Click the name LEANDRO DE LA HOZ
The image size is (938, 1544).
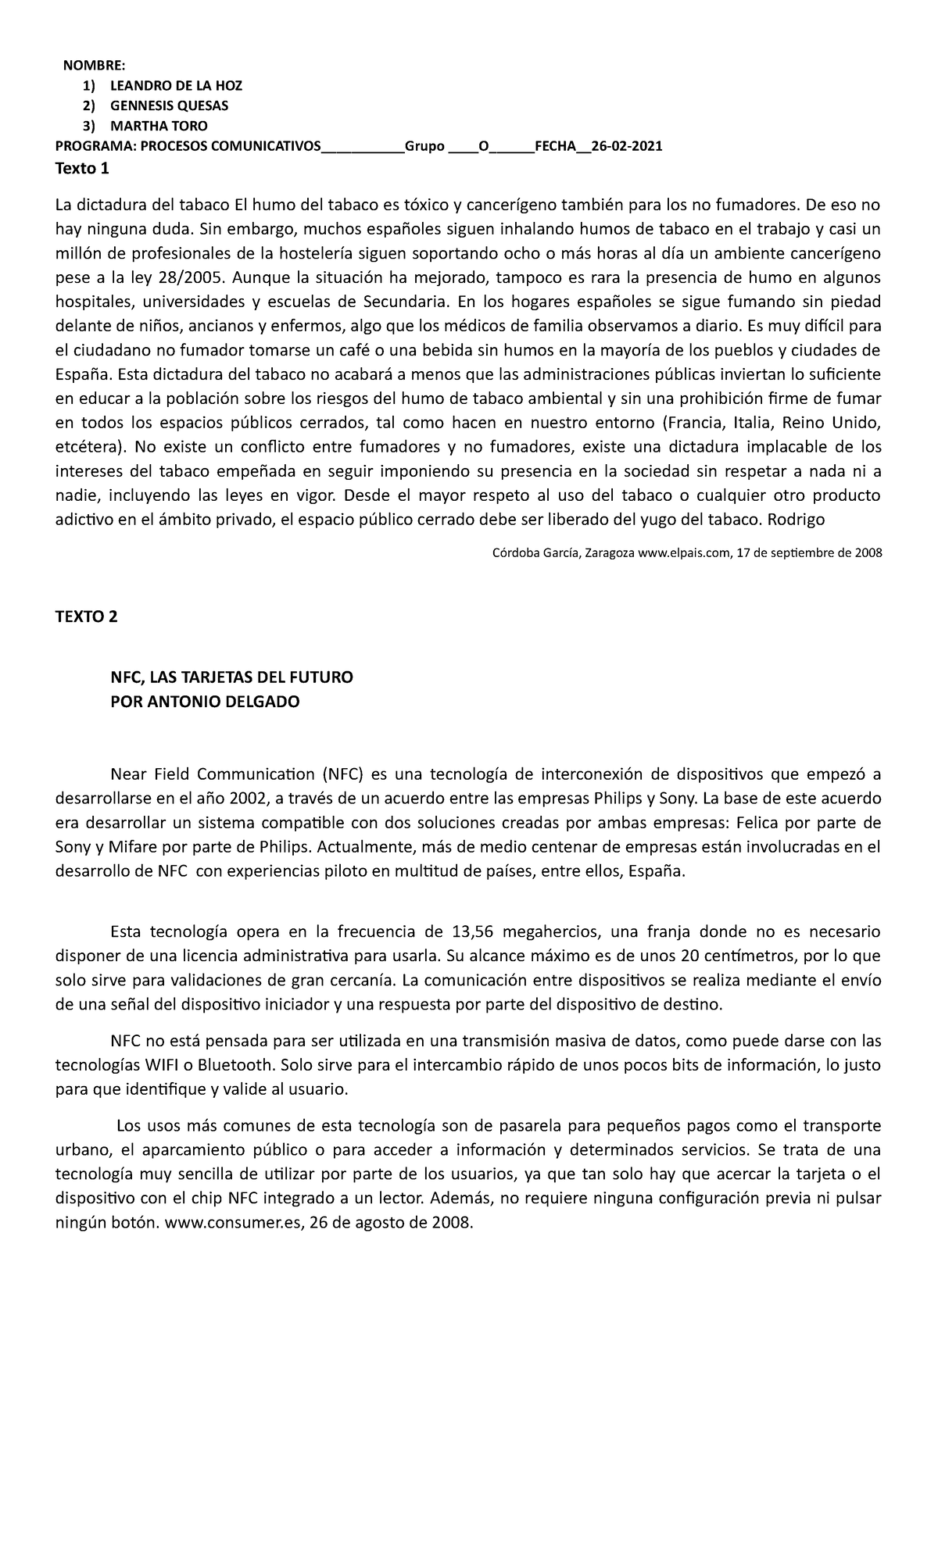tap(176, 86)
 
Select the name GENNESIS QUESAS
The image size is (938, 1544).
tap(169, 105)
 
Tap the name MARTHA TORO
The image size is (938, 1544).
tap(159, 126)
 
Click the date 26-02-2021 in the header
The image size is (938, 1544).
tap(627, 146)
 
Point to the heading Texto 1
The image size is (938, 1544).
tap(82, 168)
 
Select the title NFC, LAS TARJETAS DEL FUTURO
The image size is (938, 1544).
tap(231, 677)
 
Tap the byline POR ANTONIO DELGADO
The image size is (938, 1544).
tap(205, 701)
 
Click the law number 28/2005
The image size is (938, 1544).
tap(187, 278)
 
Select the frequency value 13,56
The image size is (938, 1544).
tap(473, 931)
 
